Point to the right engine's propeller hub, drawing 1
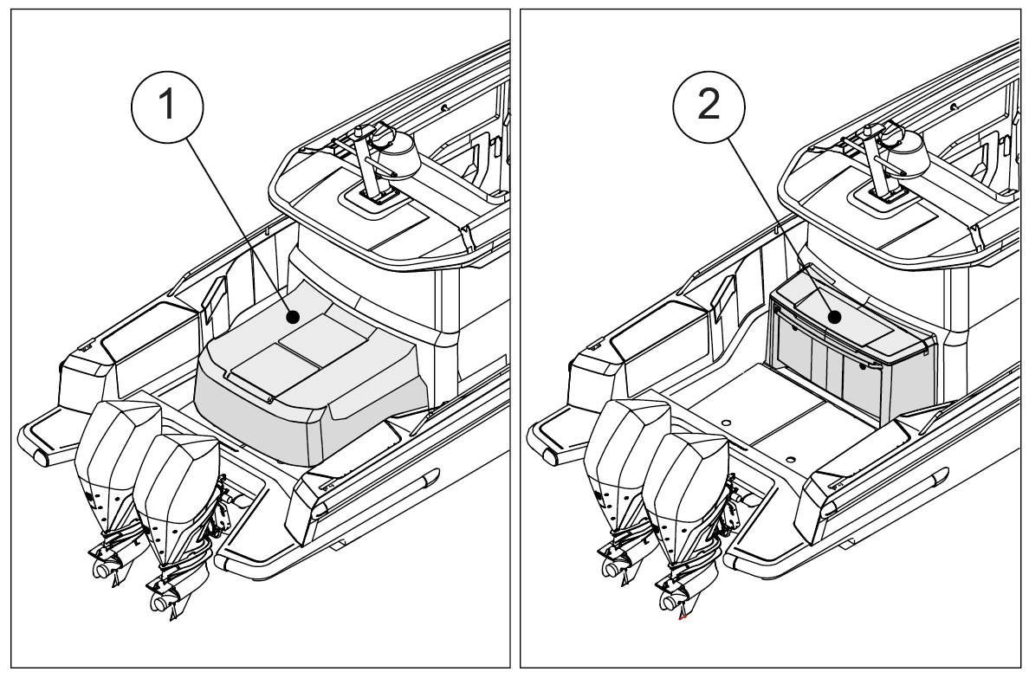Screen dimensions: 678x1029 click(x=161, y=603)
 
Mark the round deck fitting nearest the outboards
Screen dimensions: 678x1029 click(x=726, y=423)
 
